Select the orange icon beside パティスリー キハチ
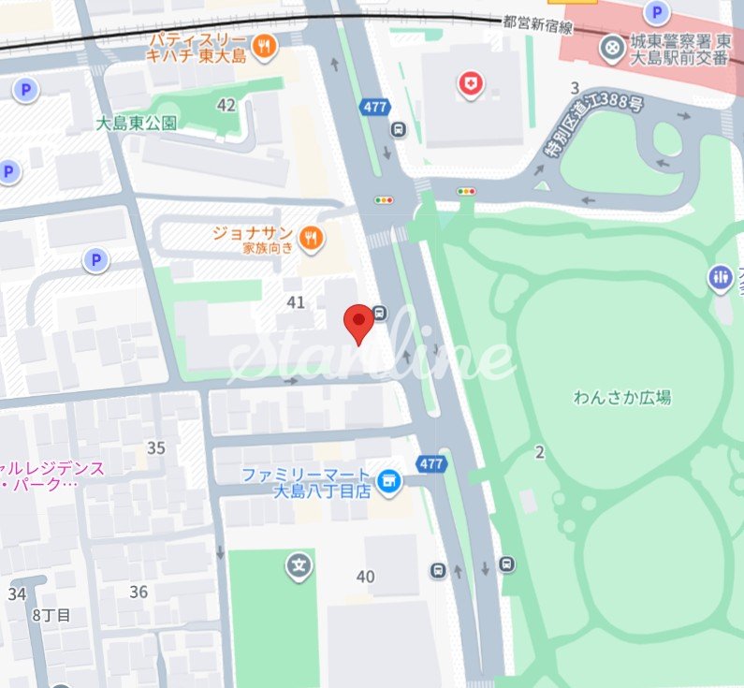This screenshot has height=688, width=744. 266,45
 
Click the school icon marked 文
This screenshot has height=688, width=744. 299,565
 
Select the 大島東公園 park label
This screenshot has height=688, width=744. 136,124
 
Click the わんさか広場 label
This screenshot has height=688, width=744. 622,397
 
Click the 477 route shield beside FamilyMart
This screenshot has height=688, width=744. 431,464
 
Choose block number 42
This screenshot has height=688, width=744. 226,105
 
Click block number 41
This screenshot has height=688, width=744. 297,301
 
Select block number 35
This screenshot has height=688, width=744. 156,447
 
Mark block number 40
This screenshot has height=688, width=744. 365,577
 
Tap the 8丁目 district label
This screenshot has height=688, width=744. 51,615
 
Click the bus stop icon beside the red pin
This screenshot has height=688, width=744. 380,313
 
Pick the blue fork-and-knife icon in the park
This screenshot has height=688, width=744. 720,276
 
